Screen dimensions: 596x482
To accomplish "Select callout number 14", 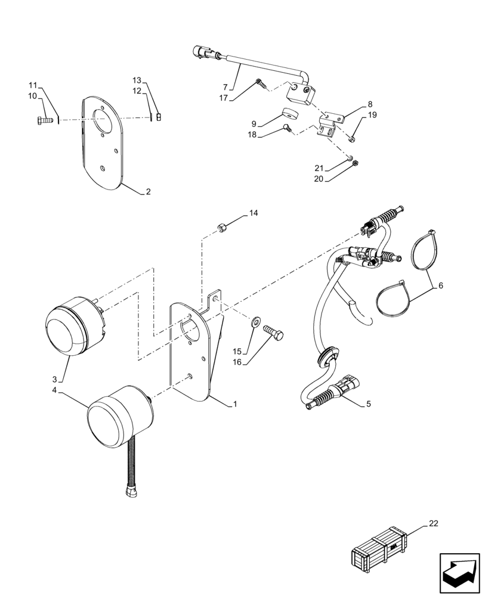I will tap(254, 213).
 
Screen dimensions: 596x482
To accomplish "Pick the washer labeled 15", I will tap(256, 322).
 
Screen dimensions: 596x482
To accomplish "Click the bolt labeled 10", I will tap(44, 120).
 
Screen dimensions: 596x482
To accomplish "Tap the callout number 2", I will tap(148, 192).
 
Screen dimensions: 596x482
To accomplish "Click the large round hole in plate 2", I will tap(103, 122).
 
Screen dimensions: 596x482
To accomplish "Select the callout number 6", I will tap(440, 285).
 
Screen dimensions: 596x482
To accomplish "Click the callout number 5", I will tap(368, 403).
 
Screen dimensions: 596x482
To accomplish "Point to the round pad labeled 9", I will tap(291, 114).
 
